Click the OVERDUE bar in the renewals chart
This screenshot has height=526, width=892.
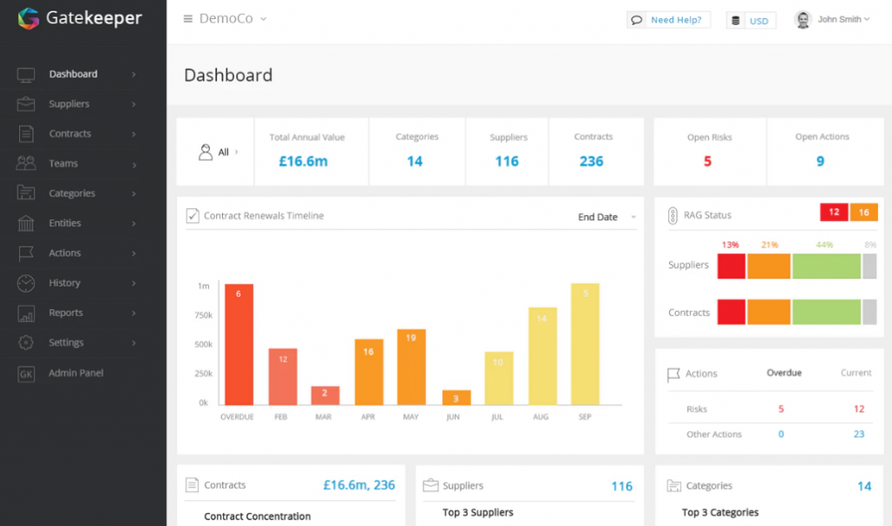[239, 344]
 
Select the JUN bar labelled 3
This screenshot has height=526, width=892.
[456, 398]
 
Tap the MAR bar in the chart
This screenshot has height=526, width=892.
[325, 395]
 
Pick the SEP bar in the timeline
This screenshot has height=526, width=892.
[585, 344]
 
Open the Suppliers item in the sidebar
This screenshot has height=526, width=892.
[69, 104]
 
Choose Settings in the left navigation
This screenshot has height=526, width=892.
[66, 342]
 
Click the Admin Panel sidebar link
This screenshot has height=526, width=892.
[76, 373]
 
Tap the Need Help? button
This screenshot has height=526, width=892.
[669, 20]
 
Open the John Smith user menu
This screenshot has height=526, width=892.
[834, 20]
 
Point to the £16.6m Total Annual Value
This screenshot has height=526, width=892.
[303, 161]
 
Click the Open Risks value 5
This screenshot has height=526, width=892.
[707, 161]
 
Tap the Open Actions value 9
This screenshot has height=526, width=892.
[821, 161]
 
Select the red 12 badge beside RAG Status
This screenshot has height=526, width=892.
[834, 212]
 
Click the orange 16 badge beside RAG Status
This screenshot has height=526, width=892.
[864, 212]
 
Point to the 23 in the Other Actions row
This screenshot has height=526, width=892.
[859, 434]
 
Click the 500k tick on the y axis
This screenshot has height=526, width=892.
[203, 344]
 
